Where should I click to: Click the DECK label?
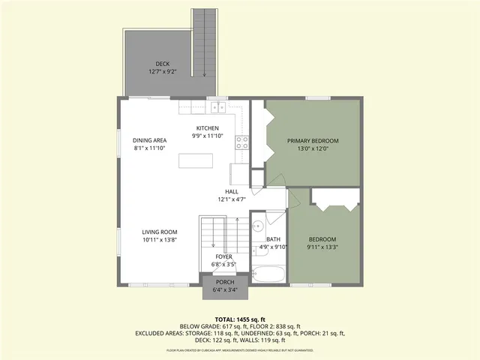[x=163, y=63]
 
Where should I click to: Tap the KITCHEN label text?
[x=208, y=127]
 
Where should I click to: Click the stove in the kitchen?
[x=242, y=142]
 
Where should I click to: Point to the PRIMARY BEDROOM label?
[x=313, y=140]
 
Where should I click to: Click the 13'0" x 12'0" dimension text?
[x=313, y=148]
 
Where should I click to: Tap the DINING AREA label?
[x=149, y=140]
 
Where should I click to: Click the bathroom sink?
[x=256, y=224]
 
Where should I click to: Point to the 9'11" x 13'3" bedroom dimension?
[x=324, y=248]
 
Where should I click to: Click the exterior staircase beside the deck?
[x=205, y=41]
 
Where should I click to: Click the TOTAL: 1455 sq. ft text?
[x=239, y=319]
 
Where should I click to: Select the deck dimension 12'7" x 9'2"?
[x=163, y=71]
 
